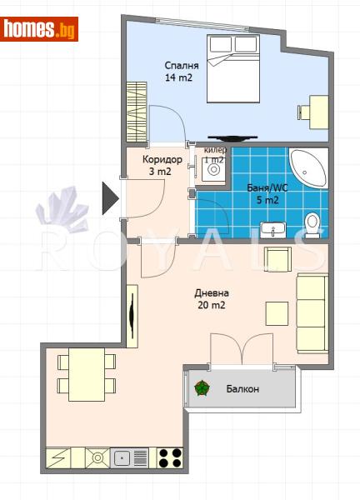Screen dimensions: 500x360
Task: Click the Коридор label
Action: point(161,165)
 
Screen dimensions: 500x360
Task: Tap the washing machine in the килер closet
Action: point(214,170)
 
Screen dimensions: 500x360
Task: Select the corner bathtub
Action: point(307,167)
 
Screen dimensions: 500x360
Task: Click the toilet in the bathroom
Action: point(312,223)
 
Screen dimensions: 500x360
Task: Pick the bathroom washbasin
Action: point(272,227)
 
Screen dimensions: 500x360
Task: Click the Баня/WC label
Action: point(268,193)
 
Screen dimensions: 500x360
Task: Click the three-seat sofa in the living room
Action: point(311,312)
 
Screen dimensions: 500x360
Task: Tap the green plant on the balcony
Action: point(201,388)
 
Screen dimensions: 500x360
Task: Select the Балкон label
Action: point(242,389)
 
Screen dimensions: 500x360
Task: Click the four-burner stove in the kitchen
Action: point(169,457)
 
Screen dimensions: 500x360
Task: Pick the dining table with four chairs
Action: point(87,372)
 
